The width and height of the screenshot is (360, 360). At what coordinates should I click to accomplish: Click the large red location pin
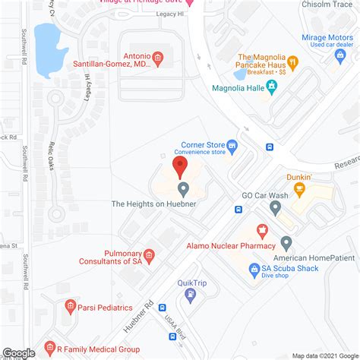click(x=180, y=165)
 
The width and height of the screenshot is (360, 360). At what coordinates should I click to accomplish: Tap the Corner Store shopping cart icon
click(x=232, y=144)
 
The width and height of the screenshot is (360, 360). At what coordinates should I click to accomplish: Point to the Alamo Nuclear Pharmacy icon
click(x=263, y=230)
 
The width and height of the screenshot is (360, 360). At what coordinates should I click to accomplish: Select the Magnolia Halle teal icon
click(x=273, y=85)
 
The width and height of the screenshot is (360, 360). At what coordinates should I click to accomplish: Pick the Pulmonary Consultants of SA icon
click(x=149, y=256)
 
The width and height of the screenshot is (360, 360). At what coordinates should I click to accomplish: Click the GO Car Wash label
click(x=265, y=195)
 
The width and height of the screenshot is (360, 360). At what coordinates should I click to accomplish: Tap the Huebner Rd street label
click(x=143, y=316)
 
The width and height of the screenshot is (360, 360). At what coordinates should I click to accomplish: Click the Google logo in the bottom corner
click(x=18, y=352)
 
